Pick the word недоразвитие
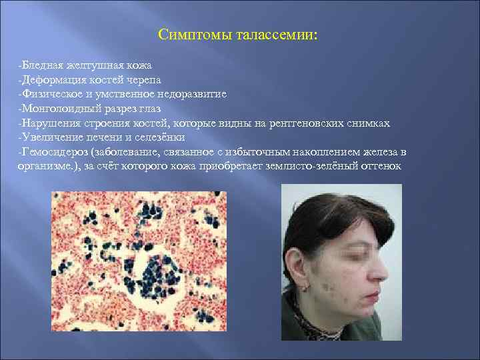[189, 94]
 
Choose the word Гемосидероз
[55, 152]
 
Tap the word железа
[383, 152]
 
